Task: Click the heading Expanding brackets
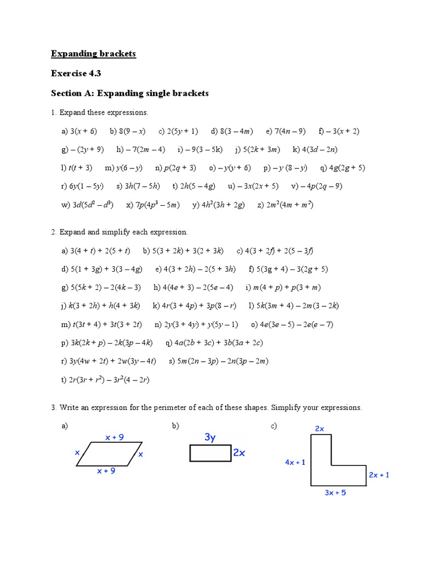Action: [93, 53]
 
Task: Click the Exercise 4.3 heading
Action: [76, 73]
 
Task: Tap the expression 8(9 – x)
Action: [127, 131]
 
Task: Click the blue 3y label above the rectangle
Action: [210, 437]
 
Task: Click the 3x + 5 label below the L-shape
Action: [335, 493]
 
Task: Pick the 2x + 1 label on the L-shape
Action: [379, 475]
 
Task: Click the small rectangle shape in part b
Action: [210, 454]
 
